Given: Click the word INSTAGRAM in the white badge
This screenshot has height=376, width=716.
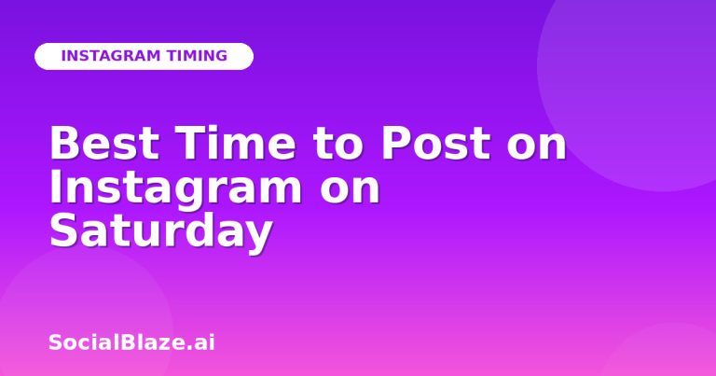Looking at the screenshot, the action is [111, 56].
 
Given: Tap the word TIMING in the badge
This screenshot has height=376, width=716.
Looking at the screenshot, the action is [197, 56].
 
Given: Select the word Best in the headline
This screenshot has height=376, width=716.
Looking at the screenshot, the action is [104, 143].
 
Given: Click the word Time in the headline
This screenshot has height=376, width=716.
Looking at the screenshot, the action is [236, 143].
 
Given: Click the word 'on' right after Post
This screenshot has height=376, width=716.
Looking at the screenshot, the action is [537, 147].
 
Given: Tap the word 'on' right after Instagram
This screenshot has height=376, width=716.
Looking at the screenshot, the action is [350, 190].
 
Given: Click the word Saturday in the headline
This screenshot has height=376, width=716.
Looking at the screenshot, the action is [161, 233].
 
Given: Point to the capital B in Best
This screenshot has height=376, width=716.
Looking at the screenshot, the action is [63, 143].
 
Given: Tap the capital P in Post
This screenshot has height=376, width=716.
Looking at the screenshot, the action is [395, 143].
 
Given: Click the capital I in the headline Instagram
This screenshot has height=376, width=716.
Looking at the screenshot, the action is [56, 186].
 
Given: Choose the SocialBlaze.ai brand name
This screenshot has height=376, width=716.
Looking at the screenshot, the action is [131, 342].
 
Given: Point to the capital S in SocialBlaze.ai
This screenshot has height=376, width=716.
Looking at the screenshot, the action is [55, 342].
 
